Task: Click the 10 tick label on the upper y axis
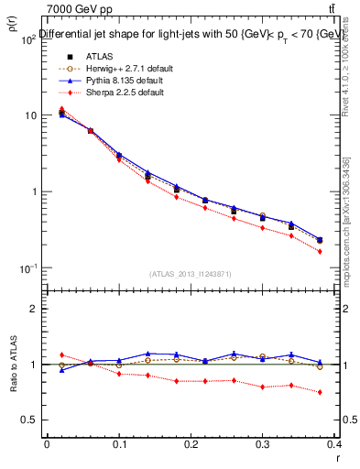tap(30, 115)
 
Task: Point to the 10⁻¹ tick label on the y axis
tap(27, 267)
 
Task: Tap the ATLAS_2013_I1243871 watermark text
tap(191, 274)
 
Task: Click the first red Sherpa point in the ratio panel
tap(61, 354)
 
